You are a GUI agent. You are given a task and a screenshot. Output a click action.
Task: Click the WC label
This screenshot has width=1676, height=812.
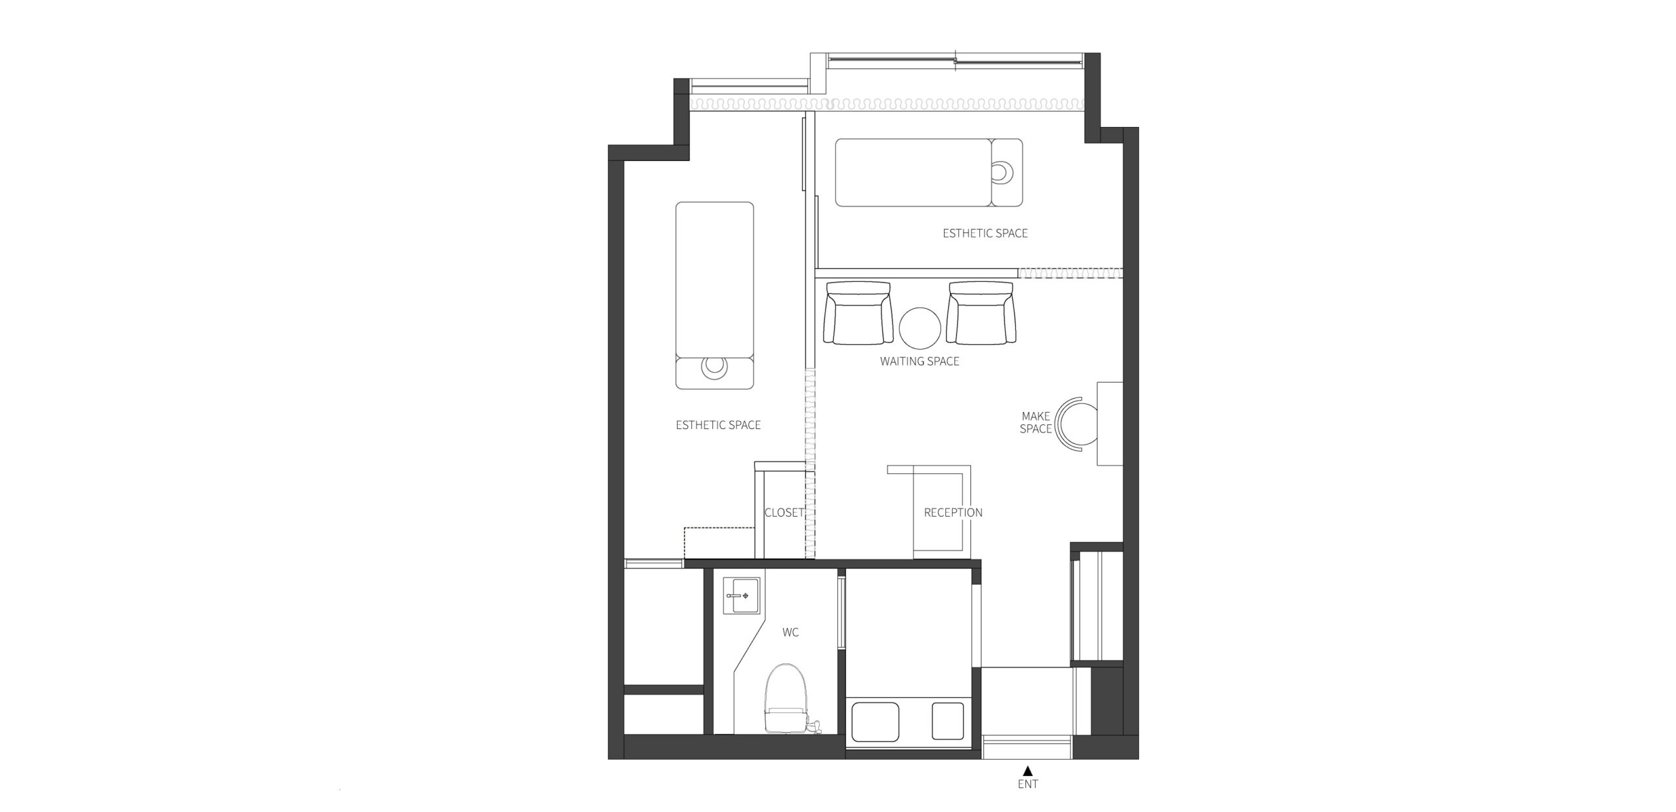[x=790, y=633]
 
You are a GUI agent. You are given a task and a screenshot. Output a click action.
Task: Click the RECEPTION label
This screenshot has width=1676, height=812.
[x=953, y=513]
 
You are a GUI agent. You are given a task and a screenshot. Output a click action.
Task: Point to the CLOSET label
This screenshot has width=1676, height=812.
[x=784, y=513]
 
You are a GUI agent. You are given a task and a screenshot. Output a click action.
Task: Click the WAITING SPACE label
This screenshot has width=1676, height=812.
[x=919, y=361]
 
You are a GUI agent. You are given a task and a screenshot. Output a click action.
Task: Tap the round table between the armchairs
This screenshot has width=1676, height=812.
[x=920, y=329]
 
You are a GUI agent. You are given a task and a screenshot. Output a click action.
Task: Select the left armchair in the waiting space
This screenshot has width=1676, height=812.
[x=858, y=313]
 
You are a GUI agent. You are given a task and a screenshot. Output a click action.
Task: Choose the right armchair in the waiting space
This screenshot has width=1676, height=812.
[x=981, y=313]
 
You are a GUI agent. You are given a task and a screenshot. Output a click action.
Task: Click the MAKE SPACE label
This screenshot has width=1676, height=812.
[x=1036, y=422]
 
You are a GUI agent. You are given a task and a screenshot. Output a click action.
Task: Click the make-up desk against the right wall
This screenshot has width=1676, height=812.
[x=1110, y=424]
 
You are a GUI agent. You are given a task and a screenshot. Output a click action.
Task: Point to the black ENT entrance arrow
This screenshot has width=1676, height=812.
[x=1028, y=771]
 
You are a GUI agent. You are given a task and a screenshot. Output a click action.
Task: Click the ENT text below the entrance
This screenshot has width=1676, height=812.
[x=1028, y=784]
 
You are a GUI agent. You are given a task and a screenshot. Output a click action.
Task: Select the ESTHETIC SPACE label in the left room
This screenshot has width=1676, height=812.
[x=718, y=425]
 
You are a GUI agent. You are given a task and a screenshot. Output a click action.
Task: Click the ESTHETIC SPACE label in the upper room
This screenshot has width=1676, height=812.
[x=985, y=233]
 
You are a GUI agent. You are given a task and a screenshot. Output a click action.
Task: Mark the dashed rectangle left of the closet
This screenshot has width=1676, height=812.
[x=720, y=543]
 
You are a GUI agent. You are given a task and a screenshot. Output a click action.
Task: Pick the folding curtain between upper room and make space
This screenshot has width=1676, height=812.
[x=1070, y=272]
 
